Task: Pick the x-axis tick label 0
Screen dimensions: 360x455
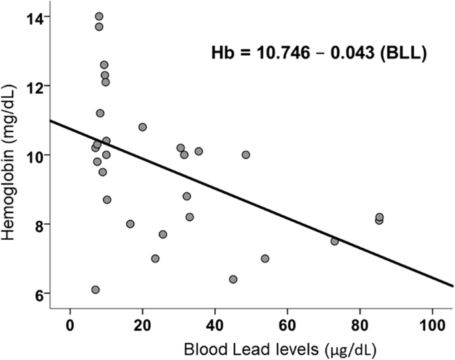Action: click(x=70, y=324)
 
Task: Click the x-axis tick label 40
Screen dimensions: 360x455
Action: click(x=215, y=324)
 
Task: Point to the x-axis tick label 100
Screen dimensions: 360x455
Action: click(x=432, y=324)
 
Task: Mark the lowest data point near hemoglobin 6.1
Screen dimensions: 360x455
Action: click(x=96, y=290)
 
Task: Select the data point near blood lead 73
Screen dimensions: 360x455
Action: click(x=334, y=241)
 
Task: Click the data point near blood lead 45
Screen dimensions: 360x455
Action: click(x=233, y=279)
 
